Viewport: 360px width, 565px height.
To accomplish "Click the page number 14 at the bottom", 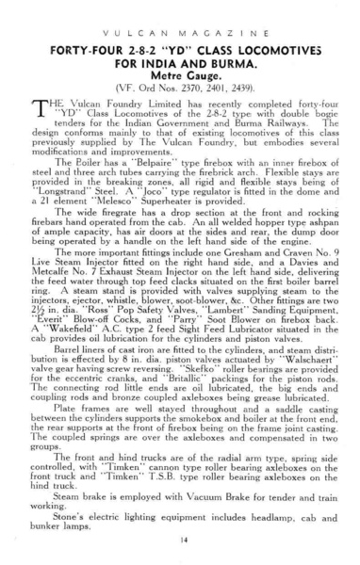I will click(x=180, y=539).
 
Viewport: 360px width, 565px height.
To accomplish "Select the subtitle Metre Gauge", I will click(x=180, y=82).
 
